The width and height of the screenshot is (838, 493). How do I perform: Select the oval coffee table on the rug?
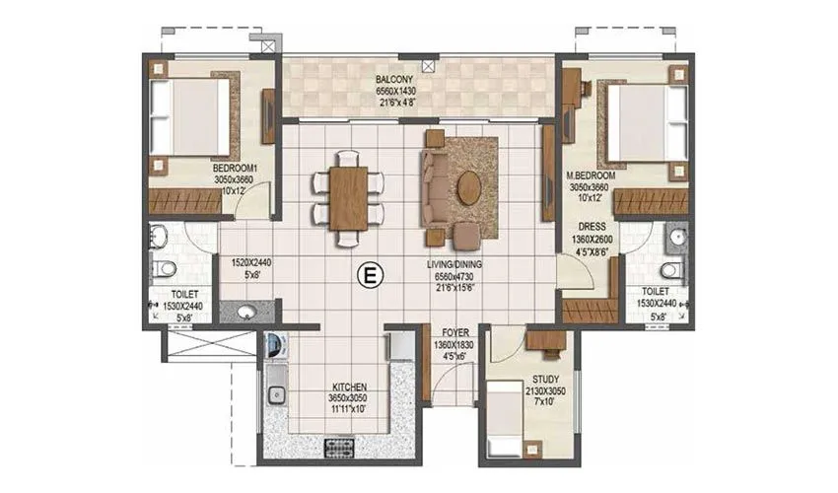coord(469,187)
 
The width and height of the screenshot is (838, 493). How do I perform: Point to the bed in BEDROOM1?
coord(191,116)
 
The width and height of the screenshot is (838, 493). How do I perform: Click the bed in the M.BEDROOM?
coord(644,122)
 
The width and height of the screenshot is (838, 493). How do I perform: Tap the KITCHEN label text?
coord(350,387)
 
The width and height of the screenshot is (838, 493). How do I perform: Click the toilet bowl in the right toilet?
coord(671,269)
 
